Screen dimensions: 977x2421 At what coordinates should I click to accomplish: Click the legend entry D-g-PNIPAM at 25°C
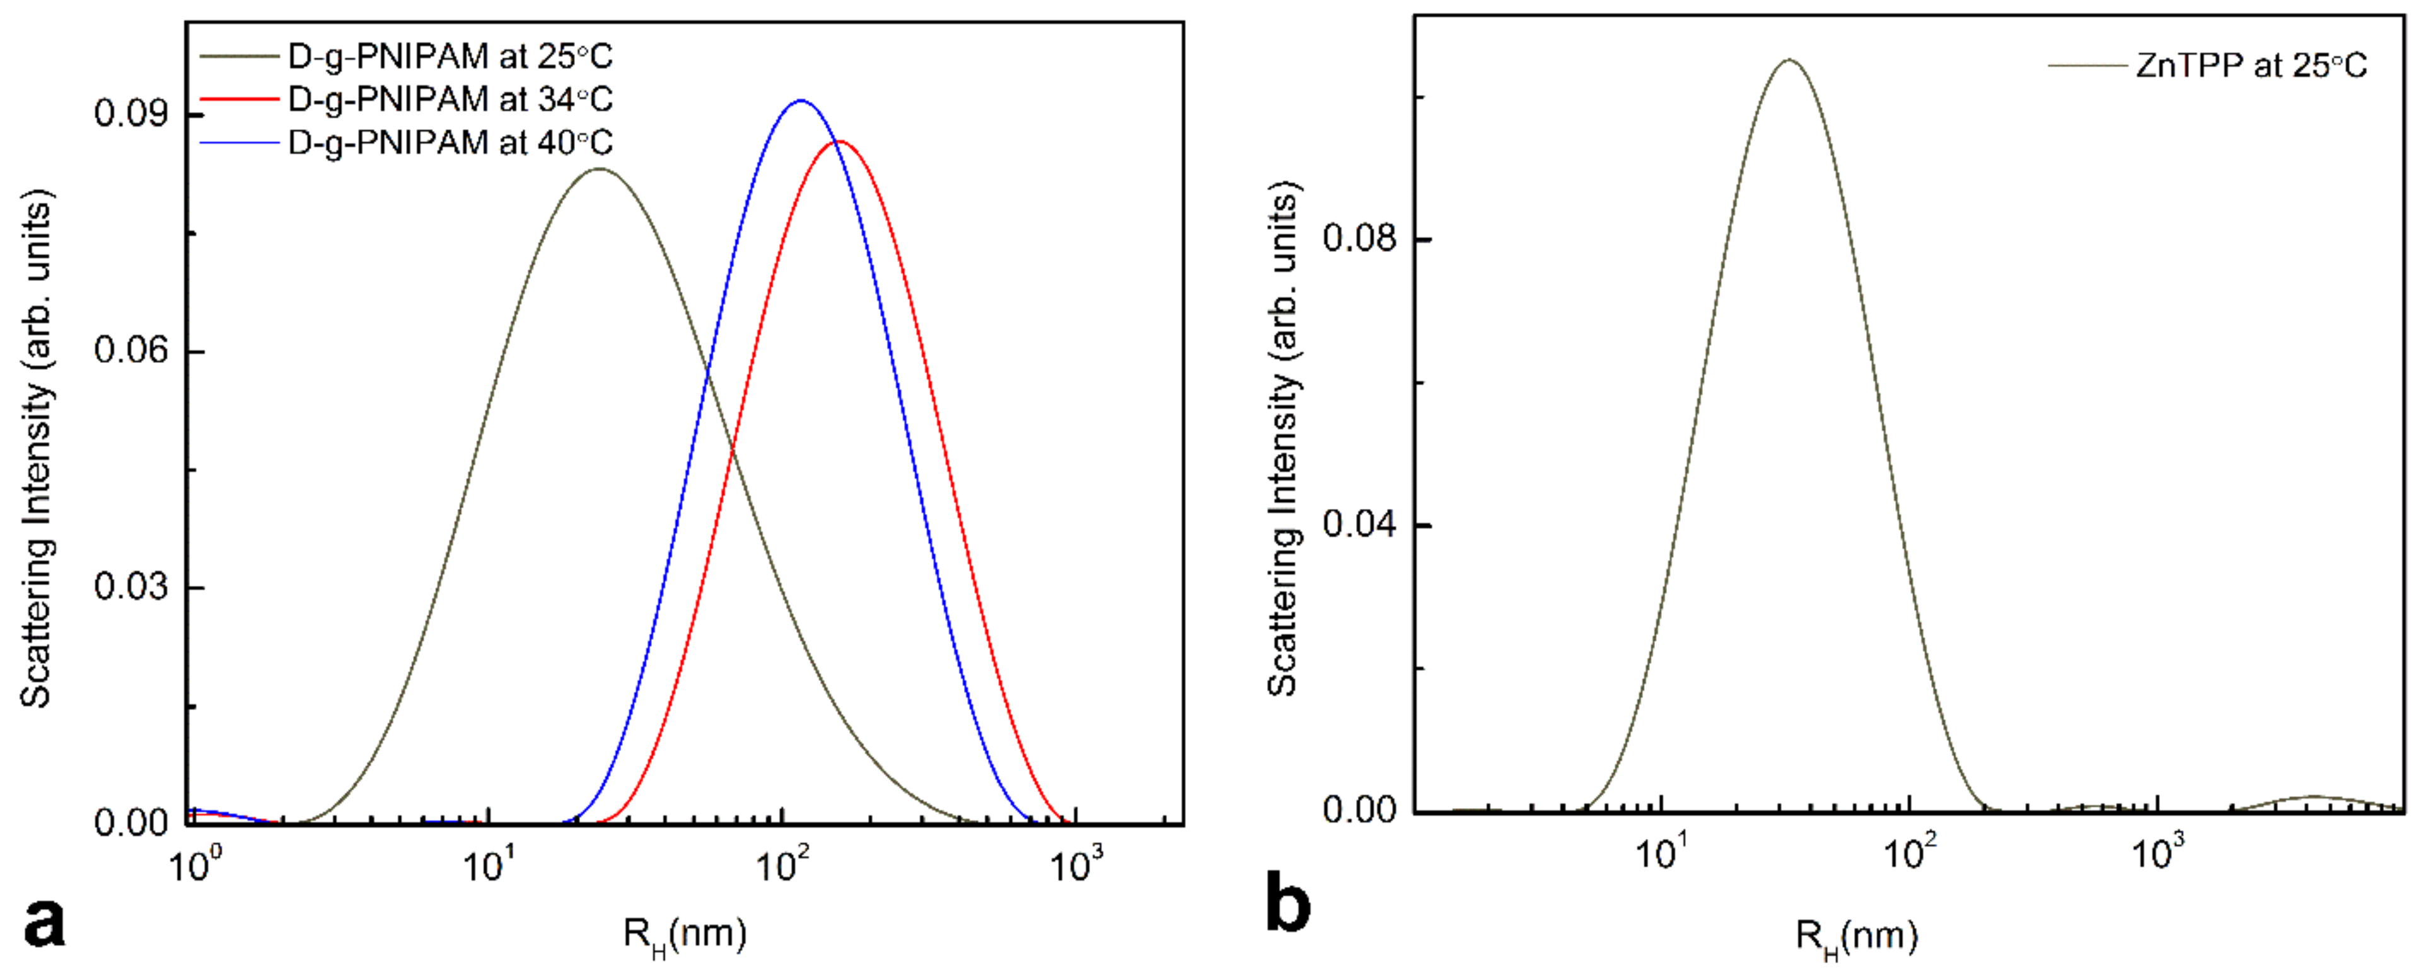[450, 57]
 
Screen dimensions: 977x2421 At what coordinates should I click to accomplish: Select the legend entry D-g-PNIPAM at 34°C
[450, 100]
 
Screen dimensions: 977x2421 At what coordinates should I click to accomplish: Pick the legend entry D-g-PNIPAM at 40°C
[450, 143]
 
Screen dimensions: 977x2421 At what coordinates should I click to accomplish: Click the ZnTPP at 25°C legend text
[2250, 66]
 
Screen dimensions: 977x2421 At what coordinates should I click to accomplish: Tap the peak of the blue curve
[800, 101]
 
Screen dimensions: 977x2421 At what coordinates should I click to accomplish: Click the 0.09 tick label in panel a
[130, 113]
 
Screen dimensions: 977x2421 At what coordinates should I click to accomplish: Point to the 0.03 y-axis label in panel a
[130, 587]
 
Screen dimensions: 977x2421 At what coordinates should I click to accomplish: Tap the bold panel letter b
[1287, 903]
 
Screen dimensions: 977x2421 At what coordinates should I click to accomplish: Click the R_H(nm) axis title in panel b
[1856, 937]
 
